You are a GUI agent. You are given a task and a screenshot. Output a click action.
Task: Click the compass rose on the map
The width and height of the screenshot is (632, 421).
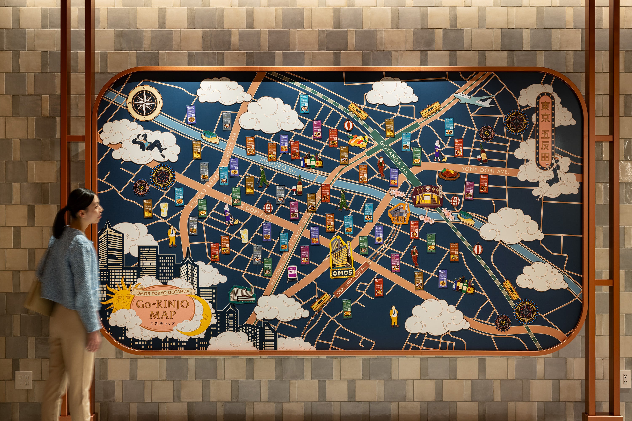(145, 103)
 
